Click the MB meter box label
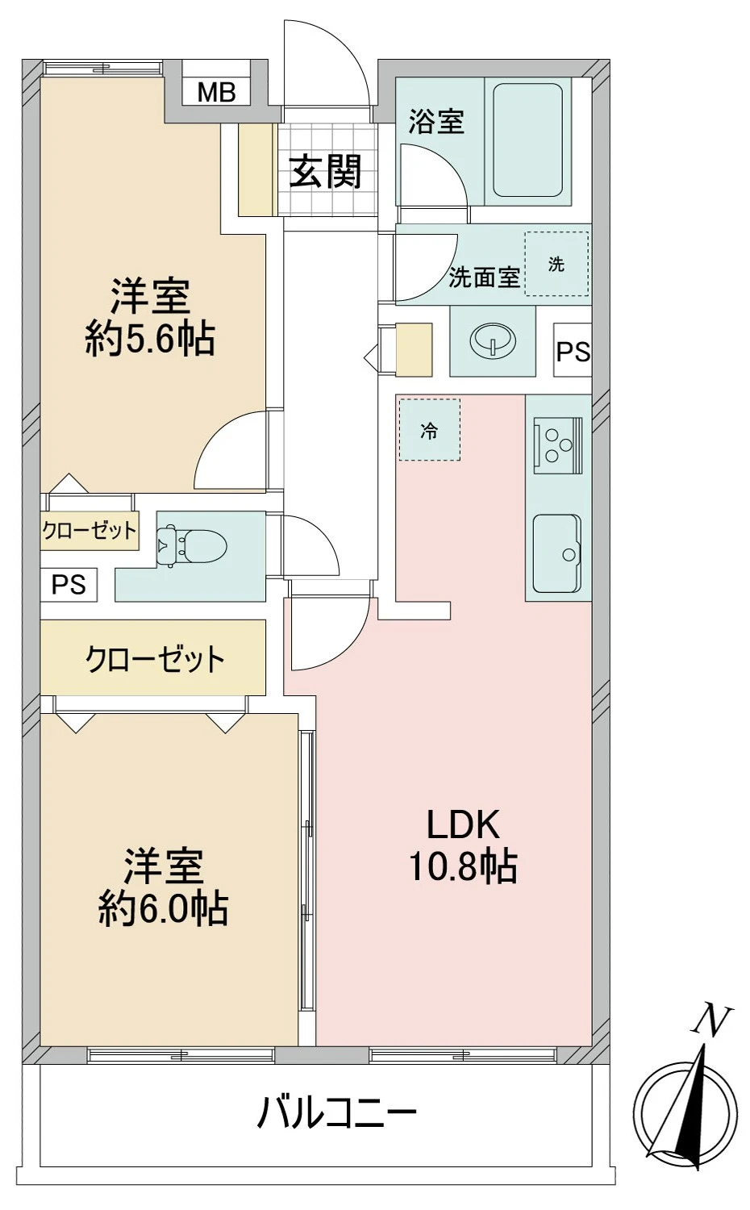(x=216, y=93)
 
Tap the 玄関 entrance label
(x=325, y=172)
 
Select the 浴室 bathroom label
(x=435, y=122)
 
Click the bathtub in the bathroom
(x=527, y=141)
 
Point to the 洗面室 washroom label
(x=484, y=277)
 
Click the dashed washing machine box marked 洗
(x=556, y=264)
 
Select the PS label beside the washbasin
(x=573, y=353)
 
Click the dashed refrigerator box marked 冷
(x=429, y=431)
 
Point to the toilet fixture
(x=190, y=545)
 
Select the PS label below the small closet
(x=69, y=584)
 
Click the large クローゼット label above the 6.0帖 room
(x=155, y=659)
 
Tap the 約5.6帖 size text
(x=150, y=340)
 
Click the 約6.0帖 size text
(x=163, y=909)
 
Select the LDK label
(x=463, y=824)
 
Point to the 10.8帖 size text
(x=463, y=867)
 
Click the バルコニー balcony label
(x=336, y=1114)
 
